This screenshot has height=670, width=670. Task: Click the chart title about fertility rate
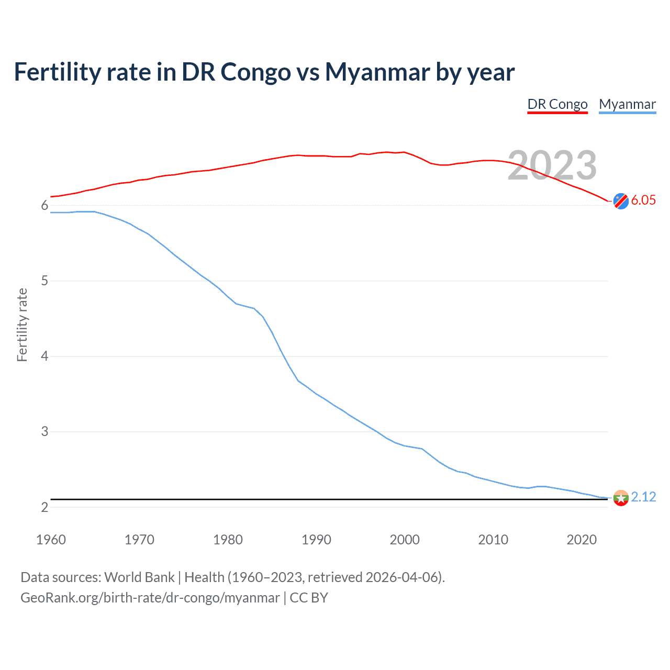point(264,72)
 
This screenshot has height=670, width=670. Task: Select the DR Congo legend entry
point(557,104)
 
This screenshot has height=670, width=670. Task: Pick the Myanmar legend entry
point(627,104)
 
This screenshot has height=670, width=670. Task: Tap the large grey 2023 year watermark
point(552,165)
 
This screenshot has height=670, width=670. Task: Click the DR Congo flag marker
point(621,200)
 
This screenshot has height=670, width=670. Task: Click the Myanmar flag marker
point(621,498)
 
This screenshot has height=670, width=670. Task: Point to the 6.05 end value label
point(643,200)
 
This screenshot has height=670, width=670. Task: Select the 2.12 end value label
point(643,497)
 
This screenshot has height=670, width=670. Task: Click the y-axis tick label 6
point(44,206)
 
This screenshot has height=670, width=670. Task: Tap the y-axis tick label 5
point(44,281)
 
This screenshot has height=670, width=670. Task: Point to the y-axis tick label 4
point(44,356)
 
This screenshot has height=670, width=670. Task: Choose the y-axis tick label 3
point(44,432)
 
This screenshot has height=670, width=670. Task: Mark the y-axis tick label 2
point(44,507)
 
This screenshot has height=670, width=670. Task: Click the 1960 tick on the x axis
point(51,540)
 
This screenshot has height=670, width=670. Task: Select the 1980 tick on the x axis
point(228,540)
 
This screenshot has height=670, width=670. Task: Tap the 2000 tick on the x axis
point(405,540)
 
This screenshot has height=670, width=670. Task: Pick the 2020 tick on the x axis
point(582,540)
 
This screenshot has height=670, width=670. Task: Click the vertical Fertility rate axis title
point(22,325)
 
